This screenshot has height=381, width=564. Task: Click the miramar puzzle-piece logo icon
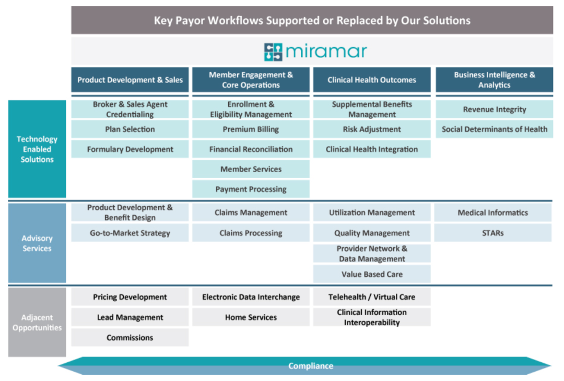click(x=273, y=52)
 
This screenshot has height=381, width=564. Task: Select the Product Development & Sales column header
click(x=130, y=80)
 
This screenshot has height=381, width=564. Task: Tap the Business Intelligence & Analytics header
click(x=494, y=80)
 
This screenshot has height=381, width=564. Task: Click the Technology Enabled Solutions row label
click(x=37, y=149)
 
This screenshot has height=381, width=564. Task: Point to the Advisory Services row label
click(x=37, y=243)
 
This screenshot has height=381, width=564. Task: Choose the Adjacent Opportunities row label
click(x=37, y=323)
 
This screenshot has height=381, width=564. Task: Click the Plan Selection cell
click(x=130, y=129)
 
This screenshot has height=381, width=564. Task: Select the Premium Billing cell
click(x=251, y=129)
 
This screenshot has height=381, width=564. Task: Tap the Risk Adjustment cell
click(x=372, y=129)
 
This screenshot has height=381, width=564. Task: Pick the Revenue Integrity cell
click(x=494, y=109)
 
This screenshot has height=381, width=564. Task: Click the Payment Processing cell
click(x=251, y=189)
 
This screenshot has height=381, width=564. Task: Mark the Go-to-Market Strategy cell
click(x=130, y=233)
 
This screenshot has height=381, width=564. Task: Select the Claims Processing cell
click(x=251, y=233)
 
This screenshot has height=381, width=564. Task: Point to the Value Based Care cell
click(x=372, y=274)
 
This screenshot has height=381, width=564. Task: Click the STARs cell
click(x=493, y=233)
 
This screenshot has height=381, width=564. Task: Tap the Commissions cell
click(x=130, y=338)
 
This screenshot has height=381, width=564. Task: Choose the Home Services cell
click(x=251, y=317)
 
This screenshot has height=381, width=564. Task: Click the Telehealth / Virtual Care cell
click(x=372, y=297)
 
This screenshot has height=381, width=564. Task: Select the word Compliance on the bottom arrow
click(x=311, y=366)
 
